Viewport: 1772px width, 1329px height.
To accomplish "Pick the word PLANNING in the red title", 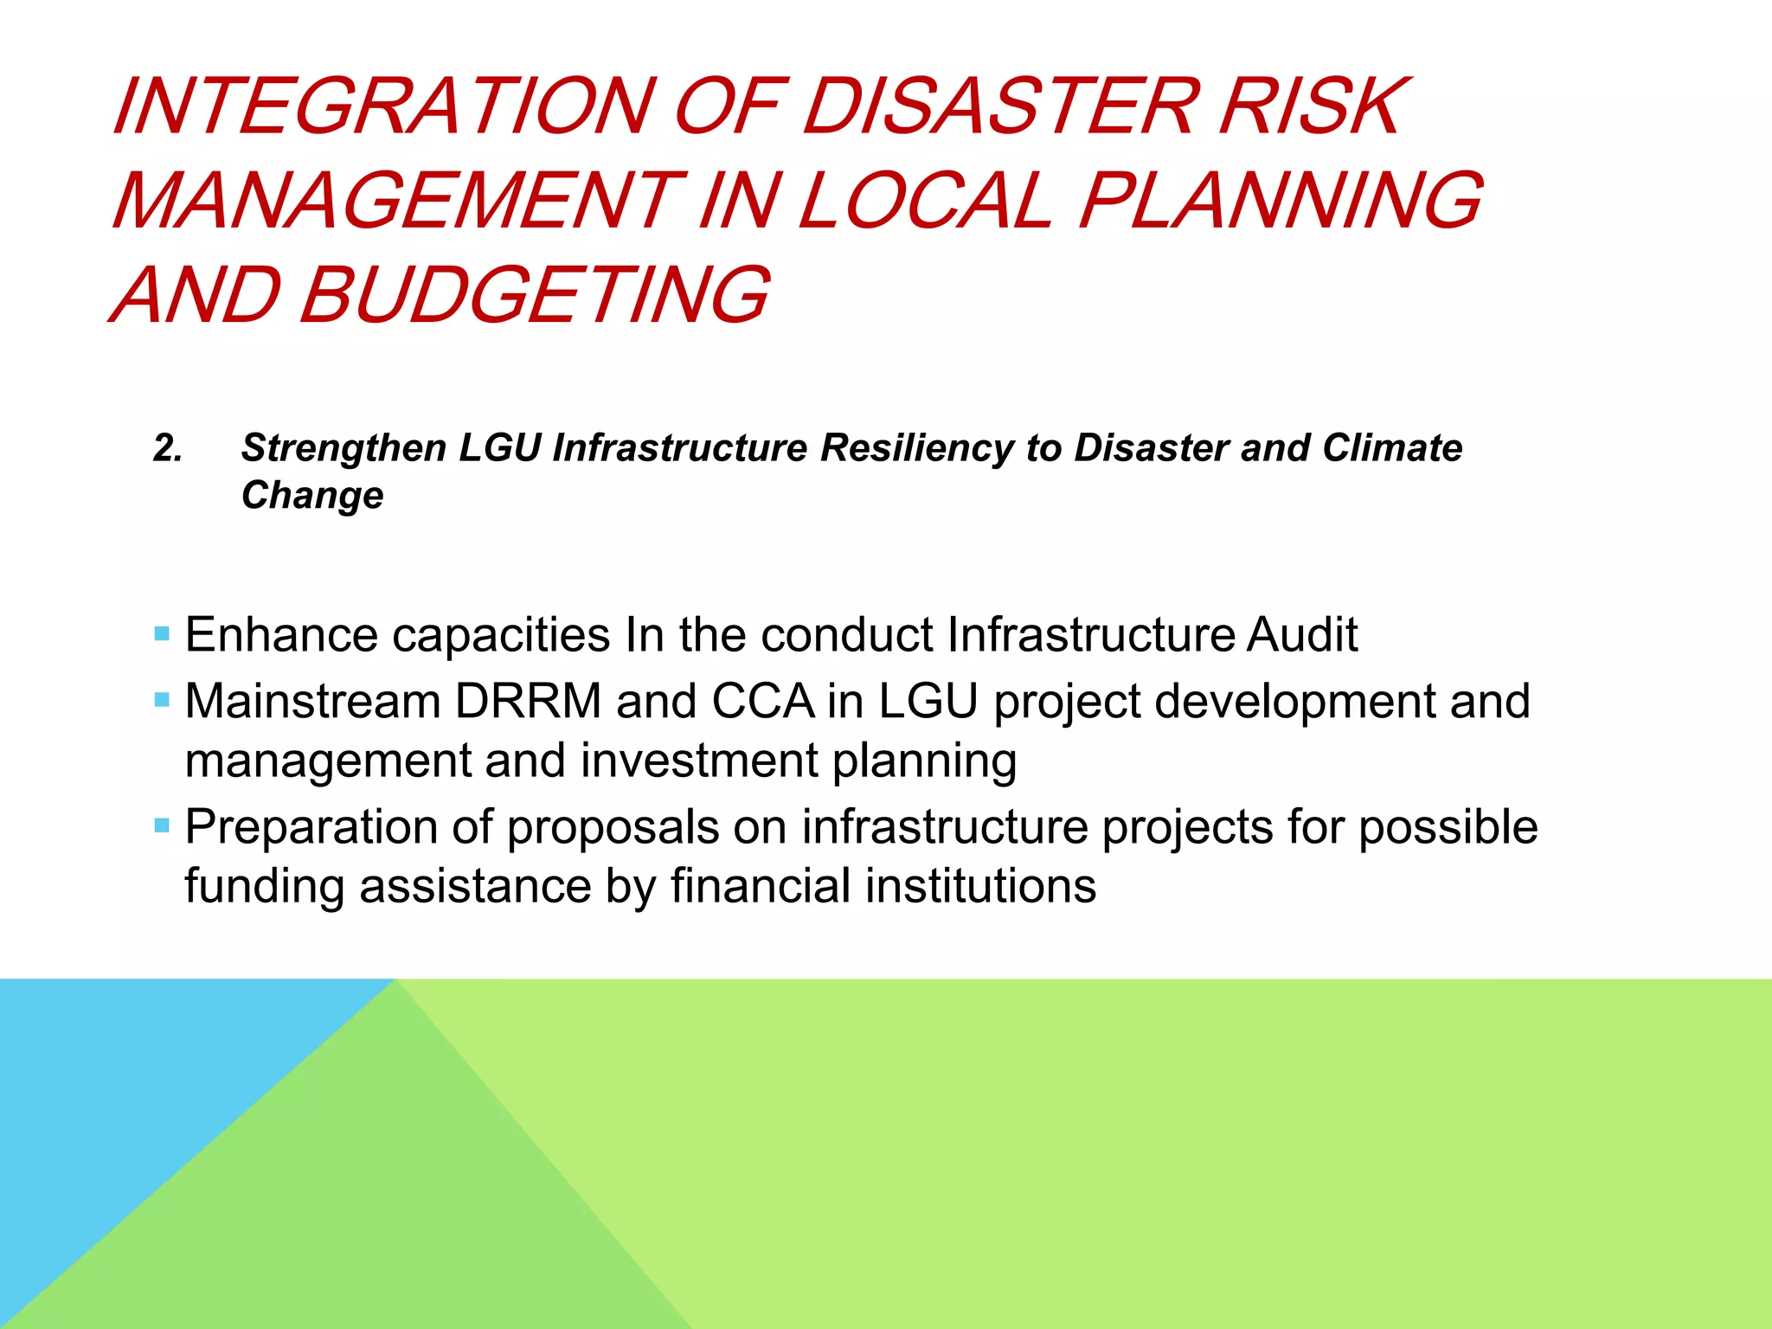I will point(1281,201).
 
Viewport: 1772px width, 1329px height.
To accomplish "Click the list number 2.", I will point(168,448).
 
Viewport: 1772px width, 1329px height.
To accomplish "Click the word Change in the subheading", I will point(312,495).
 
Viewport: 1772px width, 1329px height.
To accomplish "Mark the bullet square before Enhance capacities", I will point(162,634).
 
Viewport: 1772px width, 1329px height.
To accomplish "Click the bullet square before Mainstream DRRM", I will point(162,699).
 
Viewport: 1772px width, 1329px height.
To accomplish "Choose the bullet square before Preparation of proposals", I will point(162,825).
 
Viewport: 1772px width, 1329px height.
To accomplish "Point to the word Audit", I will point(1302,634).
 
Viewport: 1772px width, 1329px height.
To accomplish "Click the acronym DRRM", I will point(528,701).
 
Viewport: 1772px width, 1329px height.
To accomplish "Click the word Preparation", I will point(311,827).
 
